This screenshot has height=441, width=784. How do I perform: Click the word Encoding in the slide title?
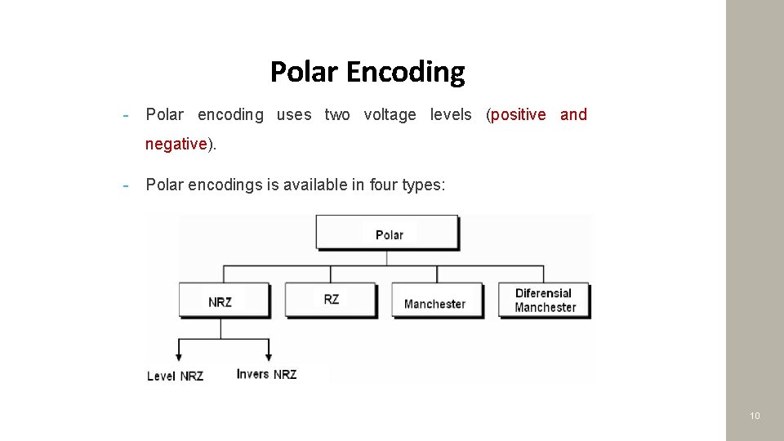[x=405, y=73]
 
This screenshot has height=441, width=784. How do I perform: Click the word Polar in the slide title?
[x=303, y=72]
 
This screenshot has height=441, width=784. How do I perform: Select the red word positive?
[x=518, y=114]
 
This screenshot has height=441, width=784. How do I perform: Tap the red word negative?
[x=176, y=144]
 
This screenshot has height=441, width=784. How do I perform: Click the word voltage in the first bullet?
[x=390, y=114]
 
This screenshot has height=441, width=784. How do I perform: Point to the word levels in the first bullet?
[x=451, y=114]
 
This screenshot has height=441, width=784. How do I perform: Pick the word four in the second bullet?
[x=383, y=185]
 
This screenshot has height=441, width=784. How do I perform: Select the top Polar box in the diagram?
[x=388, y=234]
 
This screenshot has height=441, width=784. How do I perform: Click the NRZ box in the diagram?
[x=223, y=301]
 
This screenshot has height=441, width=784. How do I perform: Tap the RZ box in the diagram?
[x=330, y=300]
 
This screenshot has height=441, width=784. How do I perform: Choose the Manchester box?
[x=436, y=301]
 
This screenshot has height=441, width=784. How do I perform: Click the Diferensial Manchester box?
[x=544, y=300]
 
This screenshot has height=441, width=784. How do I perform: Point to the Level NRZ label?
[x=175, y=376]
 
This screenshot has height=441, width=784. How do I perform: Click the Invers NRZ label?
[x=266, y=374]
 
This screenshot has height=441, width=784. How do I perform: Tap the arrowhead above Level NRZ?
[x=176, y=358]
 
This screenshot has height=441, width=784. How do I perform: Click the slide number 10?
[x=755, y=416]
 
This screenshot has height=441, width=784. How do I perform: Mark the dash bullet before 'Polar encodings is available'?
[x=127, y=185]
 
